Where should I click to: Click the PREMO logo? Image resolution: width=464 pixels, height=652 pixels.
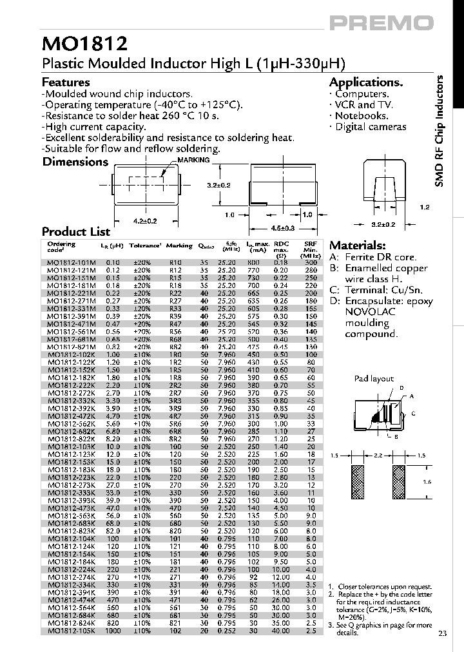382,23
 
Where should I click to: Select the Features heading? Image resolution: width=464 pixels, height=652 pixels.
66,82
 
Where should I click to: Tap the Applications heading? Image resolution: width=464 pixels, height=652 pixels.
365,82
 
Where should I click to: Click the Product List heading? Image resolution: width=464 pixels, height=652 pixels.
76,232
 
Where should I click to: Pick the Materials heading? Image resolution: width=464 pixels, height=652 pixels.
358,245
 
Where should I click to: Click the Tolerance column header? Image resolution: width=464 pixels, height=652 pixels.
144,245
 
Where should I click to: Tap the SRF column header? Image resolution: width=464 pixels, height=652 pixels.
310,245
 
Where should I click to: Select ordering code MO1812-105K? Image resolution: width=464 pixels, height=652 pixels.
71,630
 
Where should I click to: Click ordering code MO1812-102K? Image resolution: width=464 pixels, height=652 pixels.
71,354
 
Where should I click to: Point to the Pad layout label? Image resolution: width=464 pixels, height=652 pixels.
374,379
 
